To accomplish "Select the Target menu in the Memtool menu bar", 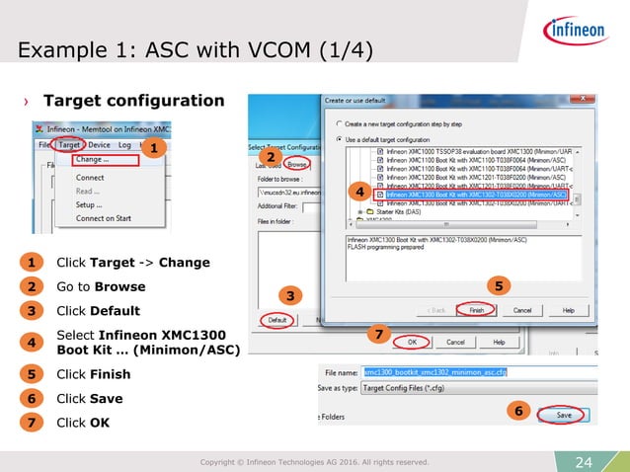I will pos(69,144).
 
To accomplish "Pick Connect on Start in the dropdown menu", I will pos(104,218).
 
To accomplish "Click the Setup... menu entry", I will pos(90,204).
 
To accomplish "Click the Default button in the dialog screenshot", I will pos(277,320).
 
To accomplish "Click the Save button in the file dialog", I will pos(563,416).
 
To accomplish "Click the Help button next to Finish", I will pos(568,309).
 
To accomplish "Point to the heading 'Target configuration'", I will pos(133,101).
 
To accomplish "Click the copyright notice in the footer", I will pos(314,461).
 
